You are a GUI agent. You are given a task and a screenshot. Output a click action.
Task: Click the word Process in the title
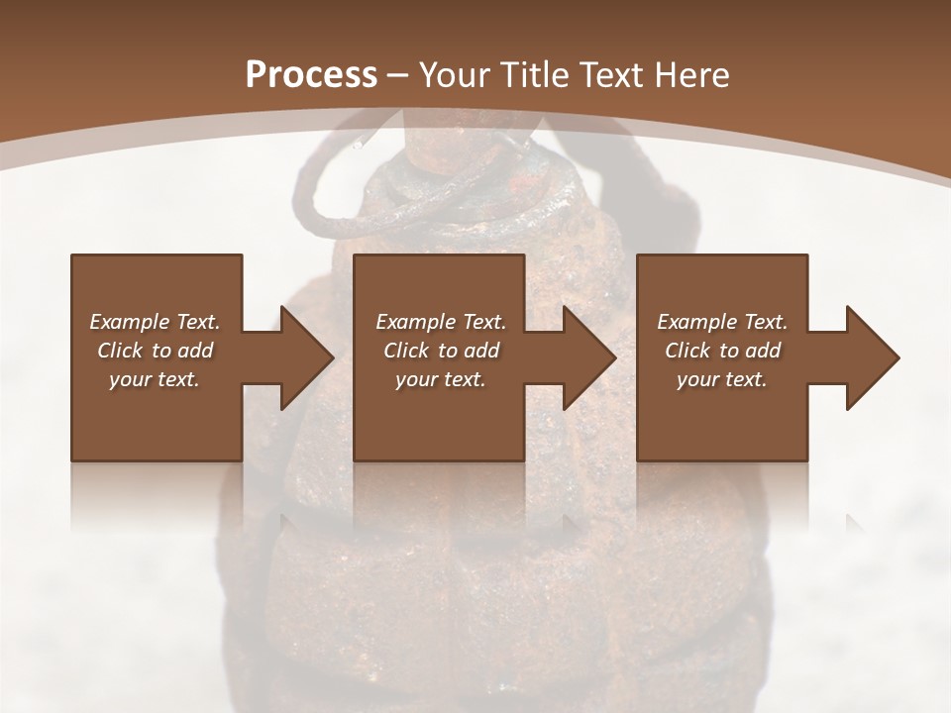pos(311,75)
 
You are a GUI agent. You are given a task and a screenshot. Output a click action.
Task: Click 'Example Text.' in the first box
pos(155,322)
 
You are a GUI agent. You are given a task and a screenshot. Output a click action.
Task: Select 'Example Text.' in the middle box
pos(440,322)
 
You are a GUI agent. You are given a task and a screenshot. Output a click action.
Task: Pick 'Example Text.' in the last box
pos(722,322)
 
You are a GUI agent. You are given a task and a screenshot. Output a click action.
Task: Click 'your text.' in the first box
pos(155,379)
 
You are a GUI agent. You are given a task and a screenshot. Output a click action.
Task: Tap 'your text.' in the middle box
pos(440,379)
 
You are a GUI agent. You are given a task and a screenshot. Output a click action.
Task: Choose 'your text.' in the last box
pos(722,379)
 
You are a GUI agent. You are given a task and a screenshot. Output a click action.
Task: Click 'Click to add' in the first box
pos(155,351)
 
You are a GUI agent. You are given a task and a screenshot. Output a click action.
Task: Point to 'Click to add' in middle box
pos(440,351)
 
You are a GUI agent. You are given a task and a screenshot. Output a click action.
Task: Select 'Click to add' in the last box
pos(722,351)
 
